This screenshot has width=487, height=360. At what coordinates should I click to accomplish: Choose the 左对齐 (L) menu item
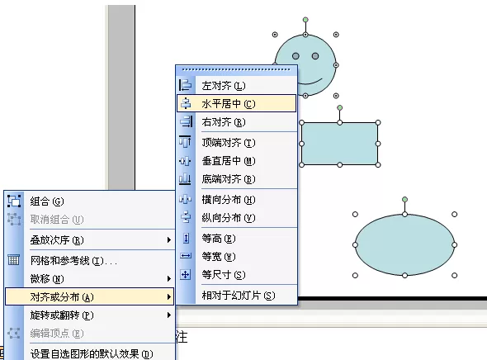(x=224, y=85)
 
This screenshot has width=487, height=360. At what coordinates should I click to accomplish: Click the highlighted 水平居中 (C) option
(x=229, y=103)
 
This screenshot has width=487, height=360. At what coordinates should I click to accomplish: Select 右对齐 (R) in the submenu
(x=224, y=121)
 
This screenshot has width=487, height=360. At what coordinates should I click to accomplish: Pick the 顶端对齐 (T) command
(x=229, y=143)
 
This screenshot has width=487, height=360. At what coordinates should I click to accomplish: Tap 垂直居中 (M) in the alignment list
(x=229, y=160)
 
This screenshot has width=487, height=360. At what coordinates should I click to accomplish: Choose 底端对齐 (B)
(x=229, y=179)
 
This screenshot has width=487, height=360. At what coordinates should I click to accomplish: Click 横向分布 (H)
(x=229, y=200)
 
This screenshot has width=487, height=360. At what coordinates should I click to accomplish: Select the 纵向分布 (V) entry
(x=229, y=217)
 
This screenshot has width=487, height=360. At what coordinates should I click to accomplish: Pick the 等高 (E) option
(x=219, y=239)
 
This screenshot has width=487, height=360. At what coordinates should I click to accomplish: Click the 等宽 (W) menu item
(x=219, y=256)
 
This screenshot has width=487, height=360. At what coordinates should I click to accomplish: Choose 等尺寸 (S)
(x=224, y=275)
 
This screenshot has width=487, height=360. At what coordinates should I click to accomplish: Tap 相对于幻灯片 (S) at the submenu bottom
(x=239, y=295)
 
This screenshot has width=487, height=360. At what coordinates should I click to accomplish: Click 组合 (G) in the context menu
(x=47, y=201)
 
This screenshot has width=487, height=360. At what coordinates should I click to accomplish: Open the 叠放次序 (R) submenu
(x=57, y=240)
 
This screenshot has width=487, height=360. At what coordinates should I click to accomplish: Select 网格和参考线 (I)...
(x=73, y=260)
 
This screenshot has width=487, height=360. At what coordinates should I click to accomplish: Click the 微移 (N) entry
(x=47, y=278)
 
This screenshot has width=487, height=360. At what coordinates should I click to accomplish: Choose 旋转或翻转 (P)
(x=62, y=315)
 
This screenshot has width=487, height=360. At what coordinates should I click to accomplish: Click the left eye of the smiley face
(x=296, y=56)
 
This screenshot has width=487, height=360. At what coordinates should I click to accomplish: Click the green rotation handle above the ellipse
(x=404, y=199)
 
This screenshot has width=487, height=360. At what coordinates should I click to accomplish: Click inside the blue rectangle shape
(x=340, y=144)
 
